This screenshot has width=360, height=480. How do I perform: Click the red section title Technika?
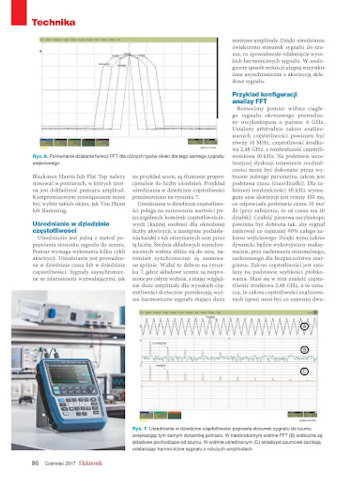coord(53,22)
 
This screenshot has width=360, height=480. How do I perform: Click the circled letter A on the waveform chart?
coord(305,327)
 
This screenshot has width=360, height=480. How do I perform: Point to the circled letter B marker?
coord(305,350)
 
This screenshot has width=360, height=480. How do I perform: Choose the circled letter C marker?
coord(305,371)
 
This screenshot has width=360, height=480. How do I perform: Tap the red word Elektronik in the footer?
coord(91,463)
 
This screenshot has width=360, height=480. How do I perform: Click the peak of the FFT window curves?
coord(127,54)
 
